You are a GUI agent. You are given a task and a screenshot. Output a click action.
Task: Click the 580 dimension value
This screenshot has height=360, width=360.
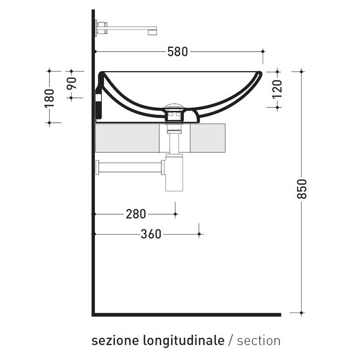[x=177, y=52]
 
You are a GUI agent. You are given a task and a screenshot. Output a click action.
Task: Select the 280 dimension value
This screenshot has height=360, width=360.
[x=136, y=214]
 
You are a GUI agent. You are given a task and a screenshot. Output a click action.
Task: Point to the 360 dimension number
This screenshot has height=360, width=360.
[x=151, y=234]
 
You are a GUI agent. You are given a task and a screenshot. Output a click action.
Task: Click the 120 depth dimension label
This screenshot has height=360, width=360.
[x=277, y=89]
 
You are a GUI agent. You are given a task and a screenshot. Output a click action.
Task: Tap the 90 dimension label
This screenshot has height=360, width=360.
[x=71, y=83]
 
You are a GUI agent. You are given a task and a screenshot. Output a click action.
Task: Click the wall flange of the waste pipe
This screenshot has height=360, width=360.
[x=99, y=167]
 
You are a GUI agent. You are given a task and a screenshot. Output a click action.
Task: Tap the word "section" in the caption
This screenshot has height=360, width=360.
[x=259, y=341]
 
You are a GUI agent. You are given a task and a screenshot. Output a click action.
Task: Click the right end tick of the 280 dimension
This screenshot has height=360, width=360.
[x=175, y=214]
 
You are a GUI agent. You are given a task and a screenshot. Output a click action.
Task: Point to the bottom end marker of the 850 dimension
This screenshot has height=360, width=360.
[x=302, y=313]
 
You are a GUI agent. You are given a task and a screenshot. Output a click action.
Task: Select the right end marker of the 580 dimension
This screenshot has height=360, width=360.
[x=263, y=52]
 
